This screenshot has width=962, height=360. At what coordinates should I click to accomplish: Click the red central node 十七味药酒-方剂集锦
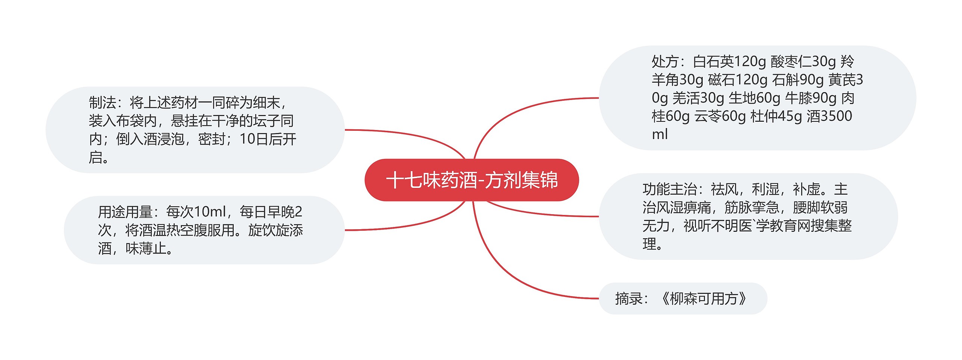pyautogui.click(x=472, y=180)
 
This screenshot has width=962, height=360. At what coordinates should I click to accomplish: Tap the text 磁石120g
pyautogui.click(x=738, y=80)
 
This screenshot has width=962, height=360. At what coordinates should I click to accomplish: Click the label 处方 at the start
pyautogui.click(x=665, y=61)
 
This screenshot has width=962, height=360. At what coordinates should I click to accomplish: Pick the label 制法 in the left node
pyautogui.click(x=102, y=102)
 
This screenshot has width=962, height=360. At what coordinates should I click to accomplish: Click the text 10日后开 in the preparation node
pyautogui.click(x=268, y=139)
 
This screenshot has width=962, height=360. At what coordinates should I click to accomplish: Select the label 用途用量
pyautogui.click(x=125, y=212)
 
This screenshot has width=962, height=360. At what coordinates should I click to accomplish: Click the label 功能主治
pyautogui.click(x=670, y=189)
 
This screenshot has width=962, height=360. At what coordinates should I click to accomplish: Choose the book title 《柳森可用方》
pyautogui.click(x=703, y=299)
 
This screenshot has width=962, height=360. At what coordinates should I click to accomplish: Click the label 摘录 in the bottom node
pyautogui.click(x=629, y=299)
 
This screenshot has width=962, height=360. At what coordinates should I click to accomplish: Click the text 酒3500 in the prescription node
pyautogui.click(x=829, y=116)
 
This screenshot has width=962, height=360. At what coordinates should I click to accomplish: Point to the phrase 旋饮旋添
pyautogui.click(x=275, y=230)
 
